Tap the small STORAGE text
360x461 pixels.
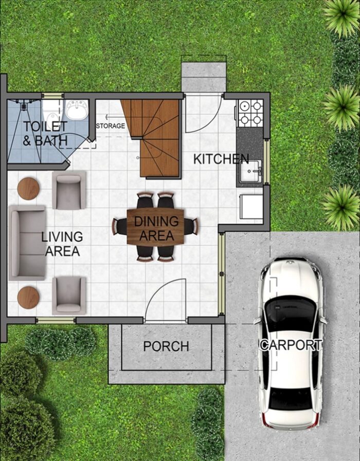(x=110, y=126)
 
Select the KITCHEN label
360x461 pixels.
(x=221, y=159)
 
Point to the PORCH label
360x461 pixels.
(x=166, y=346)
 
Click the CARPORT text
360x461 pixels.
(x=291, y=345)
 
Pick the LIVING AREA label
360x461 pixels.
(x=62, y=244)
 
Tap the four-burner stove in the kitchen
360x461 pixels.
(x=250, y=114)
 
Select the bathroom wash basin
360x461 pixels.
(x=77, y=109)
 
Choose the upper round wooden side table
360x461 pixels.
(x=28, y=189)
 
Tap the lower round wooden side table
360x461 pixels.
(x=28, y=297)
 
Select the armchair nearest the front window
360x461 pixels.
(x=69, y=295)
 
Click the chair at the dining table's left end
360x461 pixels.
(x=120, y=226)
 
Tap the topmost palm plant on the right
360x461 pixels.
(x=342, y=15)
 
